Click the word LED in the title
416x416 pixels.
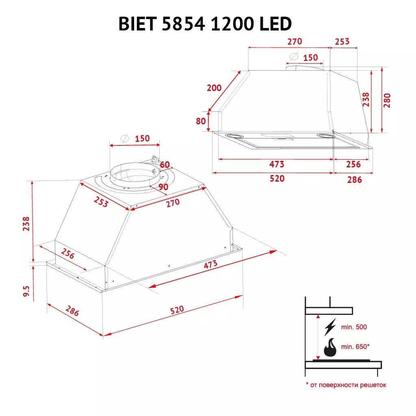tap(275, 24)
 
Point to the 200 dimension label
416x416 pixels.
tap(214, 88)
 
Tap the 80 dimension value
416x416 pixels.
tap(201, 121)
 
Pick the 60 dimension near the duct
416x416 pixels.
tap(164, 165)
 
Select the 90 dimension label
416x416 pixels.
tap(163, 187)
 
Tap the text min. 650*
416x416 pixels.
tap(355, 347)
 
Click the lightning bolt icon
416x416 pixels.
tap(330, 327)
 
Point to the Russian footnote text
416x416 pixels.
tap(346, 385)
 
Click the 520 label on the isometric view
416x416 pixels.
tap(177, 310)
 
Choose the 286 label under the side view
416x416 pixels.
tap(354, 180)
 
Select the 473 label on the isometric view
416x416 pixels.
tap(210, 264)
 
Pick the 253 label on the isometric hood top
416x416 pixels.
tap(101, 201)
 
